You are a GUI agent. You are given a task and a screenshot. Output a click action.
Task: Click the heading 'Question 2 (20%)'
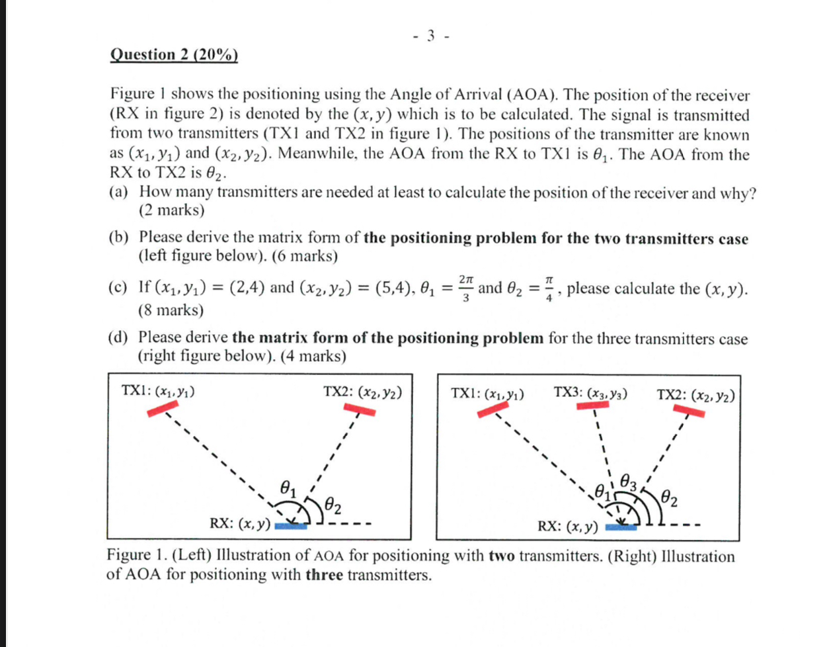pos(173,54)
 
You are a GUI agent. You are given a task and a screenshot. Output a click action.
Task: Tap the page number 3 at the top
pos(431,36)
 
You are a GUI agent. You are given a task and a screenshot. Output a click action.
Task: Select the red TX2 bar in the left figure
pos(360,410)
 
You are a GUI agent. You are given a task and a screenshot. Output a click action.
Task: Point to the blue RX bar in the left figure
pos(290,526)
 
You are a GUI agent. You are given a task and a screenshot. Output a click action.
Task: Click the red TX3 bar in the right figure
pos(593,405)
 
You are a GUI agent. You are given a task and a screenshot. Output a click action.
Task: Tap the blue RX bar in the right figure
pos(621,527)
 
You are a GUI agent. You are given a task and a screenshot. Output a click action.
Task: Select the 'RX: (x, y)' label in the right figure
pos(567,527)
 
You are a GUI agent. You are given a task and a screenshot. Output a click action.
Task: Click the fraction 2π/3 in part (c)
pos(465,288)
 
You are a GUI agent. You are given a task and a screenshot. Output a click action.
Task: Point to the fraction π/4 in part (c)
pos(549,288)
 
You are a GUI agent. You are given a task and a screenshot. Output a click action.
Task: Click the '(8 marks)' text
pos(171,310)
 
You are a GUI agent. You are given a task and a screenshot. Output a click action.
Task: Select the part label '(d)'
pos(119,337)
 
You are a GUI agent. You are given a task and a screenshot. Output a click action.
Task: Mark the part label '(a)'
pos(119,192)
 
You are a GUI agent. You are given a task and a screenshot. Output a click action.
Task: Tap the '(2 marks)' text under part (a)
pos(172,210)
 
